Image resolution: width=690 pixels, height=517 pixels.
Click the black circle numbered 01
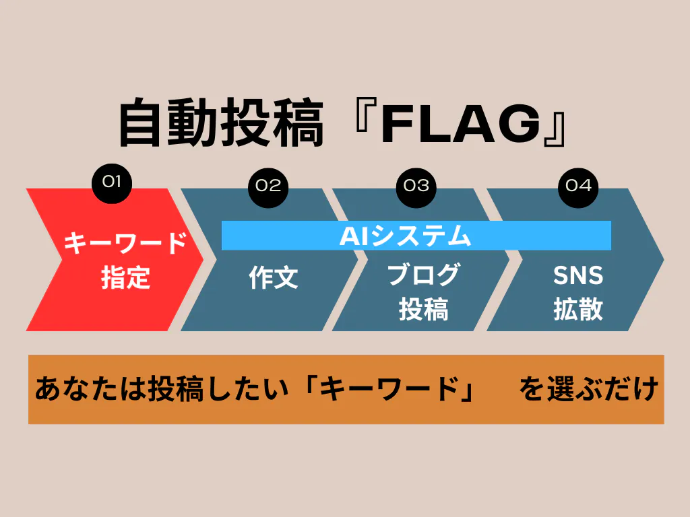111,180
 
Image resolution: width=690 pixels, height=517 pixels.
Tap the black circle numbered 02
268,185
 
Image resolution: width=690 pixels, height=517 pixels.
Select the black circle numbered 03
416,185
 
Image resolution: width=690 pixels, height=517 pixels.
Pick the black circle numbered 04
578,185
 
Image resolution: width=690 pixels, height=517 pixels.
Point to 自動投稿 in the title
220,125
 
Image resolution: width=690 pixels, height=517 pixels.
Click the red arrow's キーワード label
125,244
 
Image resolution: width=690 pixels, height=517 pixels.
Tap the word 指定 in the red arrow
125,277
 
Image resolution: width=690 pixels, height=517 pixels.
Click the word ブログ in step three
423,275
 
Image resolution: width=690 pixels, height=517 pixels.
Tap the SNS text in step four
578,275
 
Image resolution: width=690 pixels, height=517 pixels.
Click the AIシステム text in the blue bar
404,236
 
